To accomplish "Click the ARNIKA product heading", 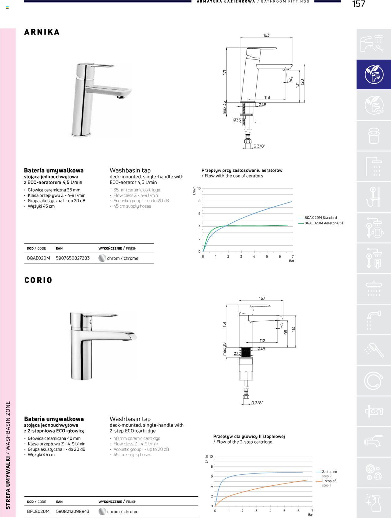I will click(x=42, y=32).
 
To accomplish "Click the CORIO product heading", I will click(x=38, y=280).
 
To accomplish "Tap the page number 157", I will click(x=358, y=4).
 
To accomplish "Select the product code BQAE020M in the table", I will click(x=38, y=258).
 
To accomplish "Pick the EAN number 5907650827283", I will click(x=73, y=258).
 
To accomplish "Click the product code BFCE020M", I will click(x=38, y=511).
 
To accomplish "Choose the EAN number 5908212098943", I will click(x=73, y=511).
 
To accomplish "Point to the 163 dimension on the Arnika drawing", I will click(x=266, y=35).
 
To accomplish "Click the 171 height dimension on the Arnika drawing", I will click(x=225, y=73).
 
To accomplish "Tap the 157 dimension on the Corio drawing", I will click(x=262, y=298).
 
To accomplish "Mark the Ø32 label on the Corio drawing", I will click(x=237, y=354).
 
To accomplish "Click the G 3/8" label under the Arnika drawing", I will click(x=259, y=146).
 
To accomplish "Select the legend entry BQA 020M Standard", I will click(x=320, y=218).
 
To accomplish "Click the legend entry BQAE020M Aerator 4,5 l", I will click(x=323, y=223).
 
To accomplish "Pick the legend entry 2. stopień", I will click(x=329, y=472).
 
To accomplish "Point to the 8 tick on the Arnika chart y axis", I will click(x=199, y=201).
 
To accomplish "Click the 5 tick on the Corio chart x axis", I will click(x=284, y=511).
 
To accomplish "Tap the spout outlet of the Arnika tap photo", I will click(x=121, y=97).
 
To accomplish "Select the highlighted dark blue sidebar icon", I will click(x=374, y=74).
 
